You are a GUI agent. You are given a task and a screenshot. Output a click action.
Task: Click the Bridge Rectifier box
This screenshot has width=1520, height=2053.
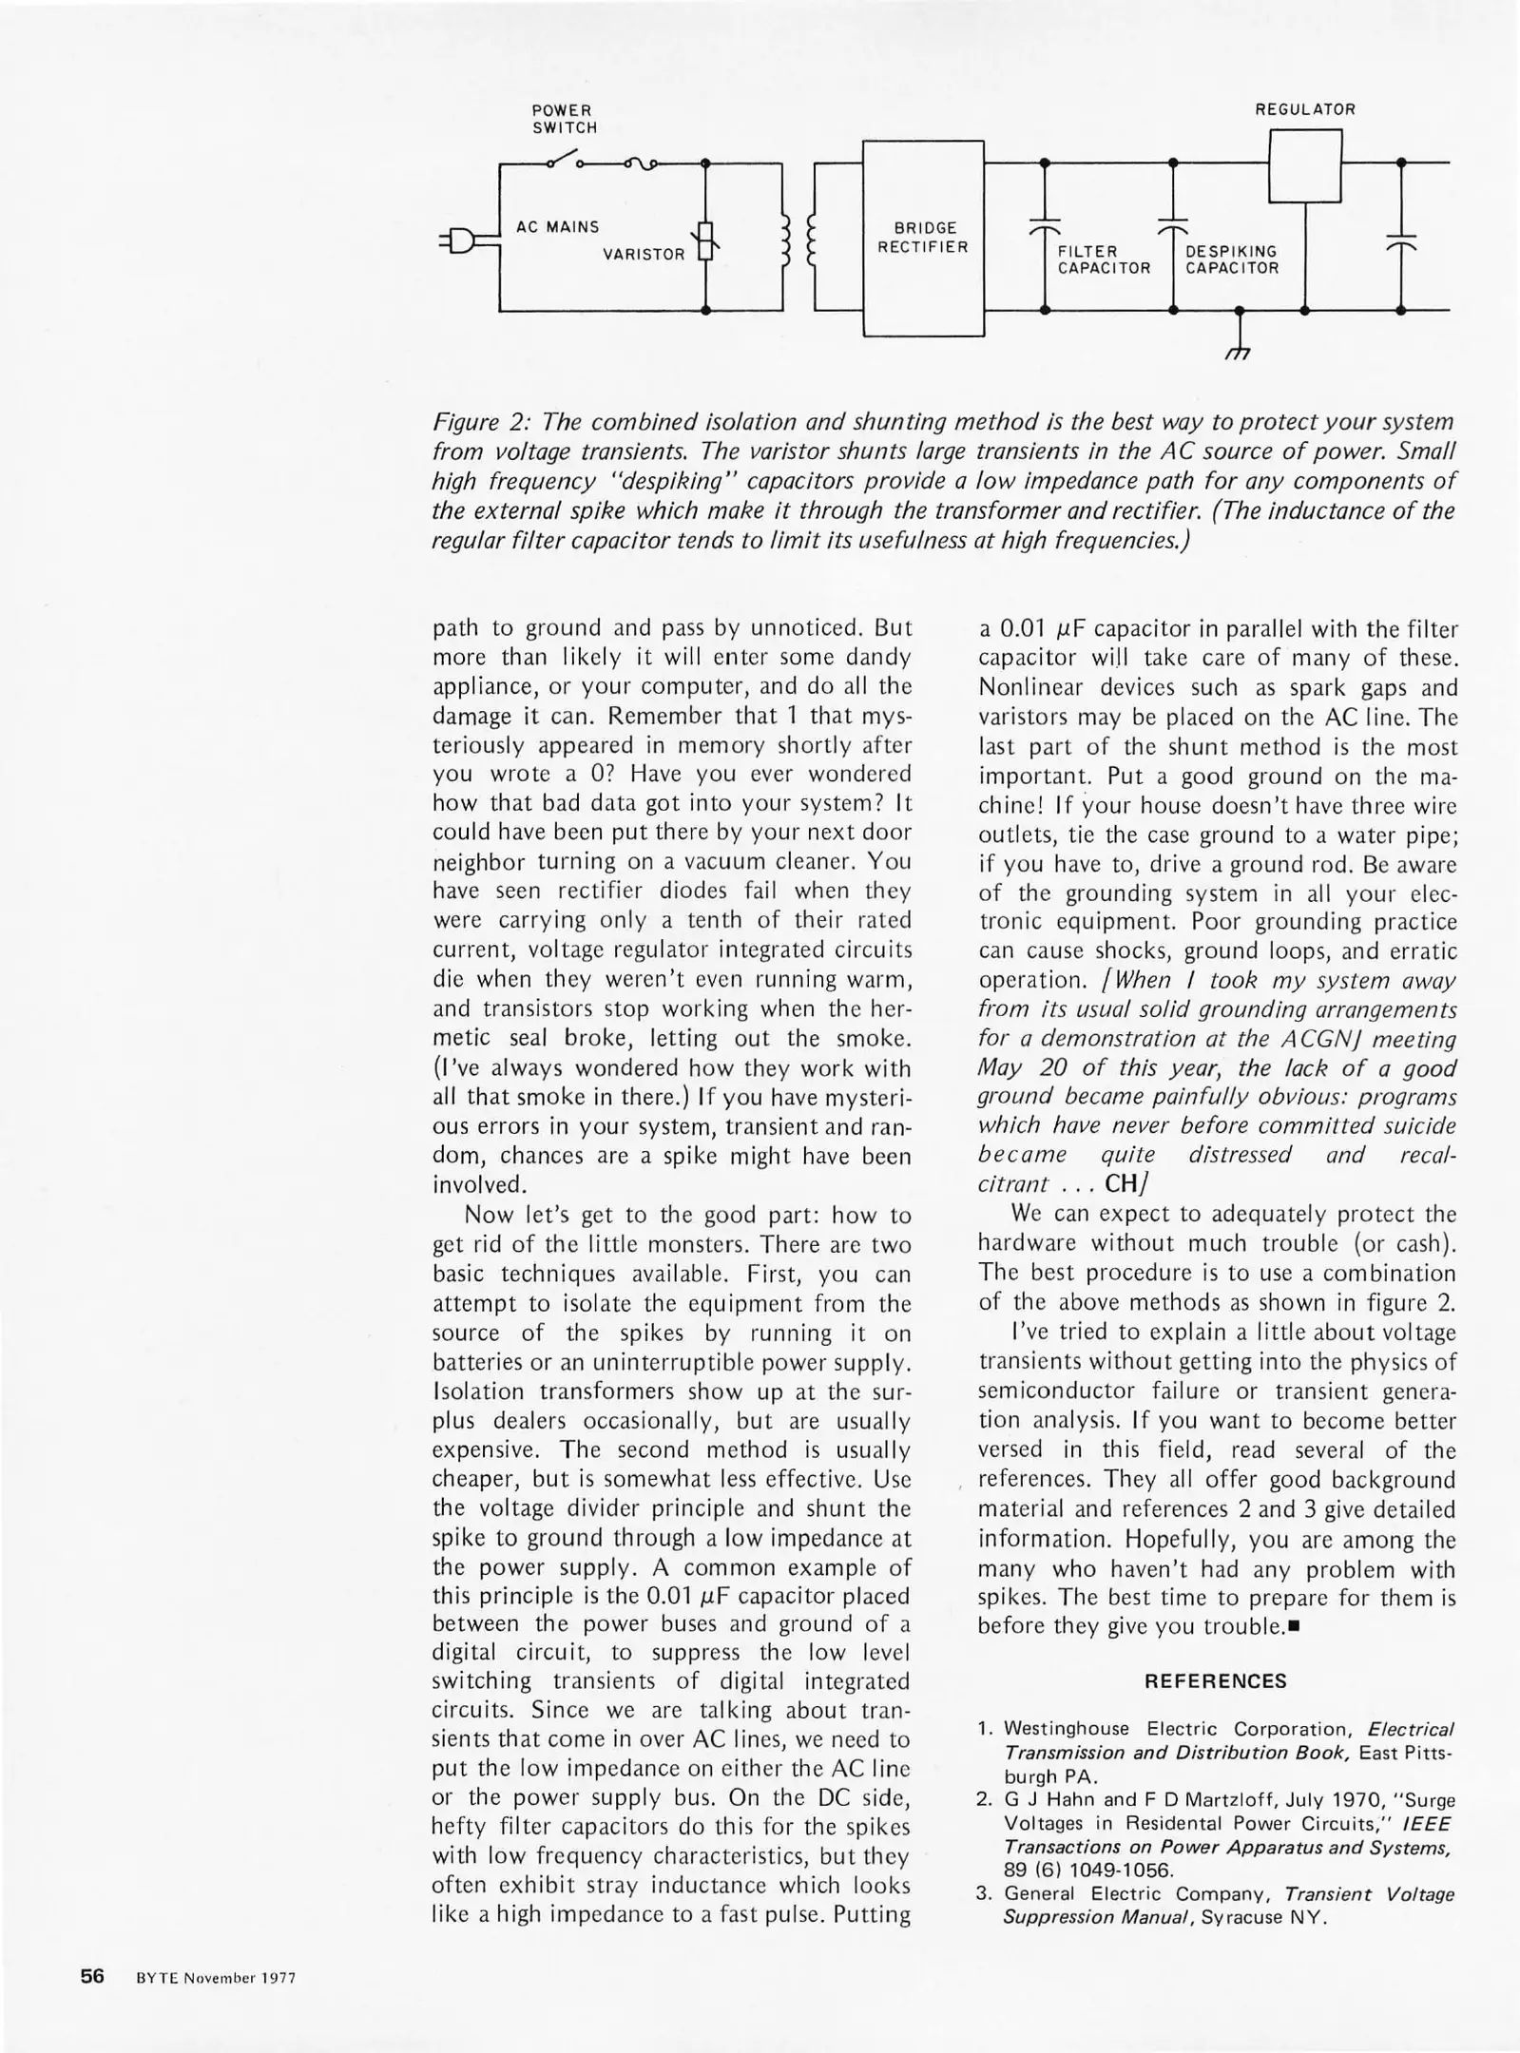click(923, 238)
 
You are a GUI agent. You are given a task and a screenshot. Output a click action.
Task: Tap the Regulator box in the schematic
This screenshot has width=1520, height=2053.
click(1305, 165)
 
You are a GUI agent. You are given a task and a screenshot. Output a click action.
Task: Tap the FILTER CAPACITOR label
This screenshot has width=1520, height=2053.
click(1104, 259)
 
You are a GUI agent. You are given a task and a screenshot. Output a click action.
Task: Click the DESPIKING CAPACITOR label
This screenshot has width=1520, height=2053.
click(1232, 259)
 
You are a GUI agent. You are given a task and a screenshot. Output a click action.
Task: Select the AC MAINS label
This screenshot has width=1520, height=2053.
click(558, 227)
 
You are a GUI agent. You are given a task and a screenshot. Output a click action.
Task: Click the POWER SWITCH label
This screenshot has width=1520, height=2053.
click(565, 119)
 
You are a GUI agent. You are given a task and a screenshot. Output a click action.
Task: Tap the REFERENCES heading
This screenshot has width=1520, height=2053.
click(1215, 1680)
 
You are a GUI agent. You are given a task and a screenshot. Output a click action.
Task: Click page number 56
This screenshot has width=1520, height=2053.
click(91, 1976)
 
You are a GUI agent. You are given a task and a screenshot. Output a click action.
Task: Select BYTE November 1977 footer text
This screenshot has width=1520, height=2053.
click(216, 1978)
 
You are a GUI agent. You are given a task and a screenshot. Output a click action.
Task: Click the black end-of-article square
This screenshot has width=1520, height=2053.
click(1295, 1626)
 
